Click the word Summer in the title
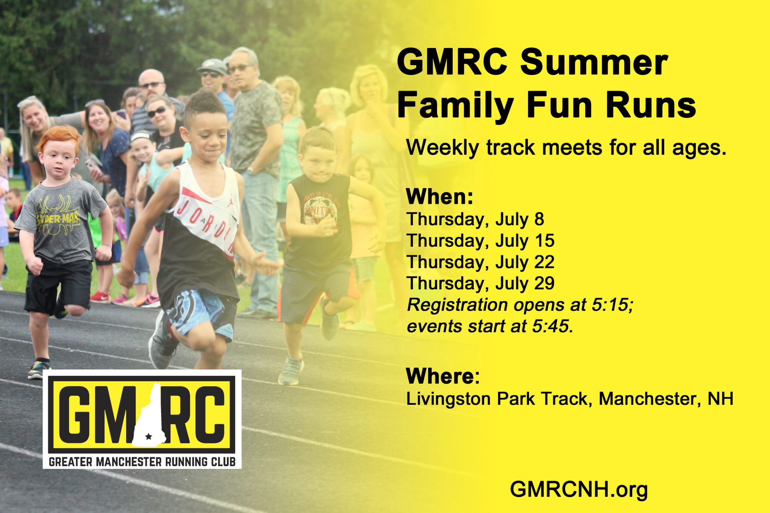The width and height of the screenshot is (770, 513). pos(594,62)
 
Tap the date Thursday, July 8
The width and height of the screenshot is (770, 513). pos(475,219)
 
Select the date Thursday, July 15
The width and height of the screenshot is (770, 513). pos(480,241)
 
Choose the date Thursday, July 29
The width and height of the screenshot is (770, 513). pos(480,284)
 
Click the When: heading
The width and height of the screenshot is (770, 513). pos(439,196)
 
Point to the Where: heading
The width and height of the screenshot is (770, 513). pos(443,376)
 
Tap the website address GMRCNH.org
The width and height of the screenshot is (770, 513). pos(579,490)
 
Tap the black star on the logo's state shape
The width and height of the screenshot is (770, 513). pos(148,436)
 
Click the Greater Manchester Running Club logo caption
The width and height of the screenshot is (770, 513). pos(142,462)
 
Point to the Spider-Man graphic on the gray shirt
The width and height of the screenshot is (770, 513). pos(58,216)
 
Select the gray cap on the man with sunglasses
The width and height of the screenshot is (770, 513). pos(212,66)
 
